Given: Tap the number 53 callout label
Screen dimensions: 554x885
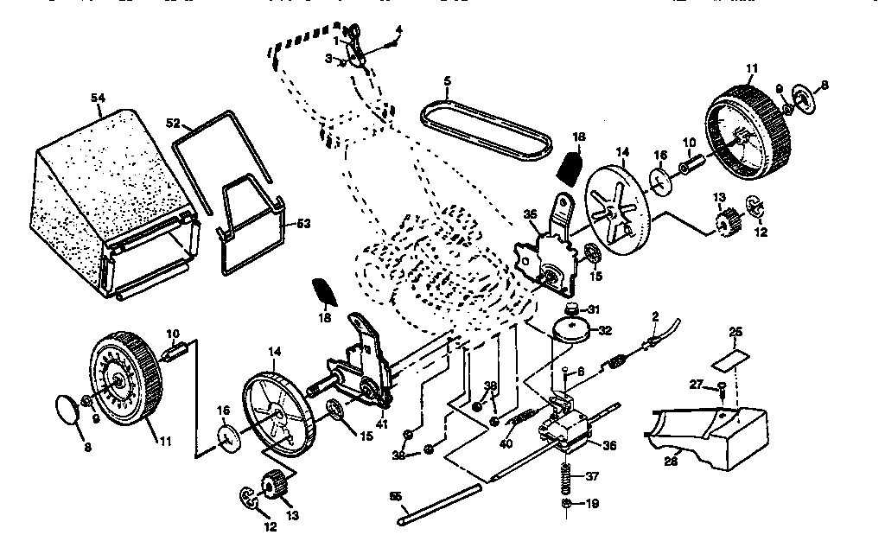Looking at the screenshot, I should coord(303,224).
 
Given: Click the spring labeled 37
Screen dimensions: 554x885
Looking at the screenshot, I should coord(566,476).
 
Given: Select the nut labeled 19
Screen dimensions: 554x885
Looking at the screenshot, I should coord(564,503).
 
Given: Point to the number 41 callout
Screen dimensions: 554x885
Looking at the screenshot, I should coord(381,422).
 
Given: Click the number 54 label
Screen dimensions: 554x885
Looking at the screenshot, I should coord(97,99).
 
